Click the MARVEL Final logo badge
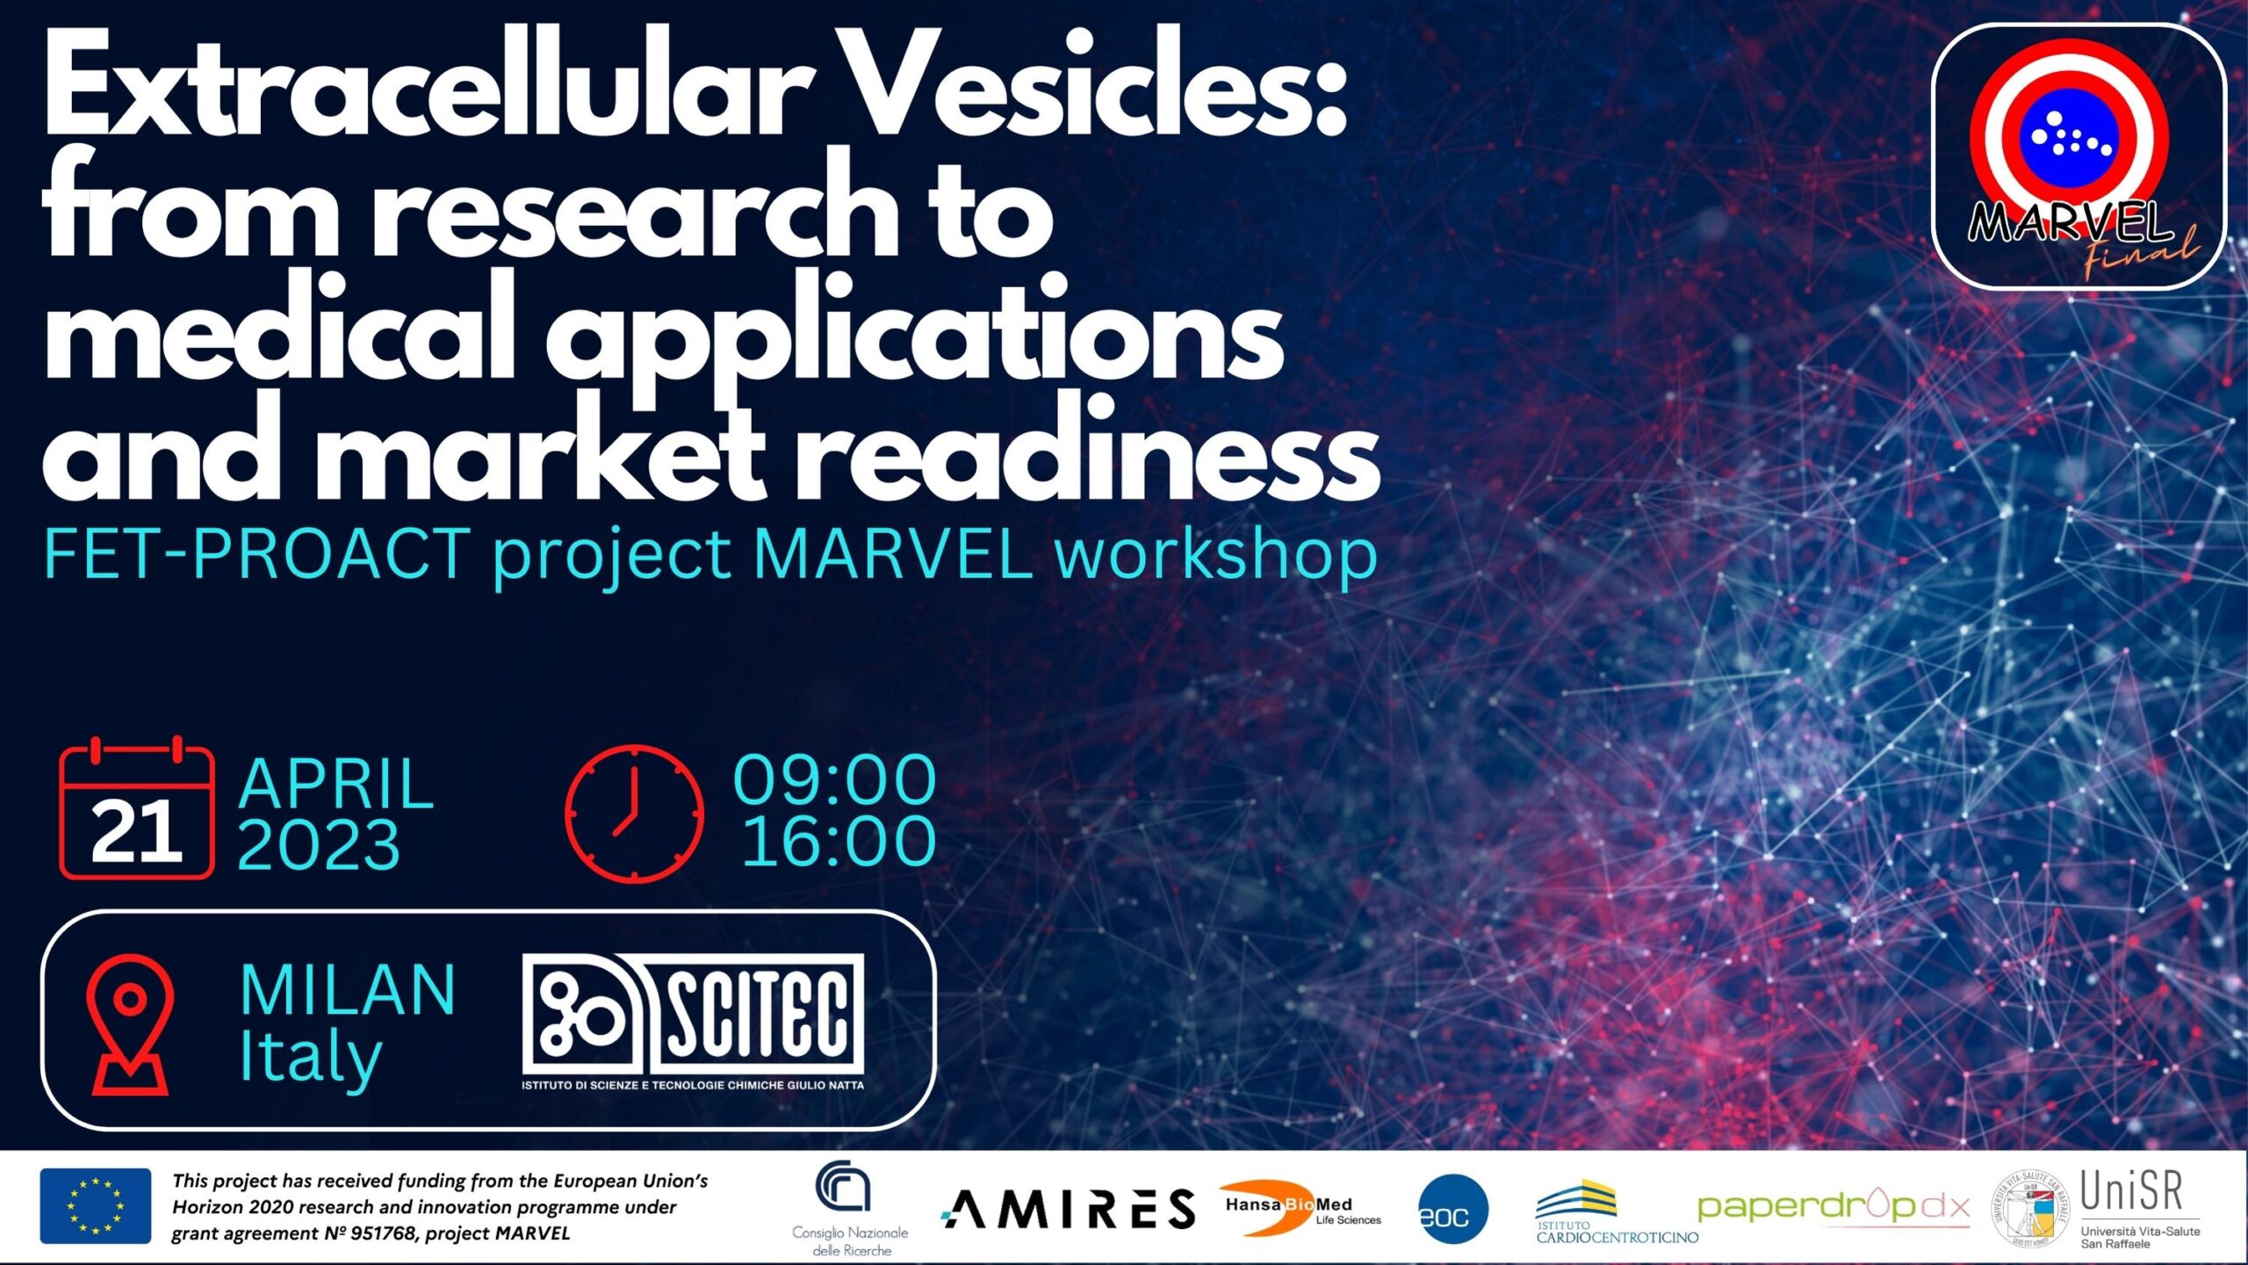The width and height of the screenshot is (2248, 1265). [2079, 156]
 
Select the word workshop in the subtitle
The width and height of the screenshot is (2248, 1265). [1215, 555]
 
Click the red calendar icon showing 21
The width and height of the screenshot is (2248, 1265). [136, 808]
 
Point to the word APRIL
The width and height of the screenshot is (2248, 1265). [336, 784]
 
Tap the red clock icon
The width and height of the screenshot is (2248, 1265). [634, 813]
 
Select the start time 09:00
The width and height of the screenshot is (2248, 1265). [835, 780]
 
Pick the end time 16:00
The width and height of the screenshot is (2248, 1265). [839, 842]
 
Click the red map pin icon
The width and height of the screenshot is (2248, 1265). [130, 1024]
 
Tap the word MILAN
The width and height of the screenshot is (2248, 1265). [348, 990]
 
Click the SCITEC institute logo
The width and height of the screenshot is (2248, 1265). [693, 1023]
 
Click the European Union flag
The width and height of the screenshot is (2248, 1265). [95, 1206]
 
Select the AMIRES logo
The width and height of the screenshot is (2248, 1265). [1069, 1210]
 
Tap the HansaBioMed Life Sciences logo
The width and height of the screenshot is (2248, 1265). [1301, 1208]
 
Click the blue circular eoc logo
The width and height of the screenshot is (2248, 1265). [1453, 1210]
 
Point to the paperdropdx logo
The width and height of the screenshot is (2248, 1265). [1834, 1207]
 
